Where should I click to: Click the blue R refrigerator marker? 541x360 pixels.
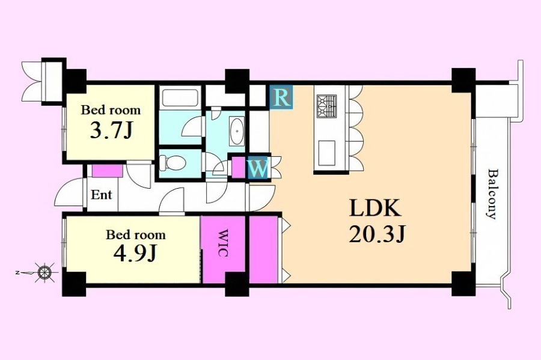pos(281,97)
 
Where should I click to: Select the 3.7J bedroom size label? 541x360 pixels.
pos(111,130)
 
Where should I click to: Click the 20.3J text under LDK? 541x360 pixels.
pos(377,234)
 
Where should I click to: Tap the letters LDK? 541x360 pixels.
pos(375,208)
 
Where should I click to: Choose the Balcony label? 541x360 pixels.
pos(492,194)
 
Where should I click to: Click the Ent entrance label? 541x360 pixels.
pos(102,195)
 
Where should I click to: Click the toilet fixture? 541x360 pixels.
pos(172,163)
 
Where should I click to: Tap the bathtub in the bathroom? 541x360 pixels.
pos(180,98)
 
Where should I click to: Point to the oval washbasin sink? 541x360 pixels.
pos(237,131)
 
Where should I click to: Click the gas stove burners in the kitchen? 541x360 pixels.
pos(326,106)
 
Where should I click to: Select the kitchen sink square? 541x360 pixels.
pos(326,153)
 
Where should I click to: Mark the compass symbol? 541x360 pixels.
pos(44,273)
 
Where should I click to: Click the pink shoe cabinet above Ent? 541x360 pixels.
pos(108,171)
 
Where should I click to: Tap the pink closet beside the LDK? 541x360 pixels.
pos(264,249)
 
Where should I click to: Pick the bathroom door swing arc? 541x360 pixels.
pos(192,126)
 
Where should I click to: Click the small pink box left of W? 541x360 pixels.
pos(238,168)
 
